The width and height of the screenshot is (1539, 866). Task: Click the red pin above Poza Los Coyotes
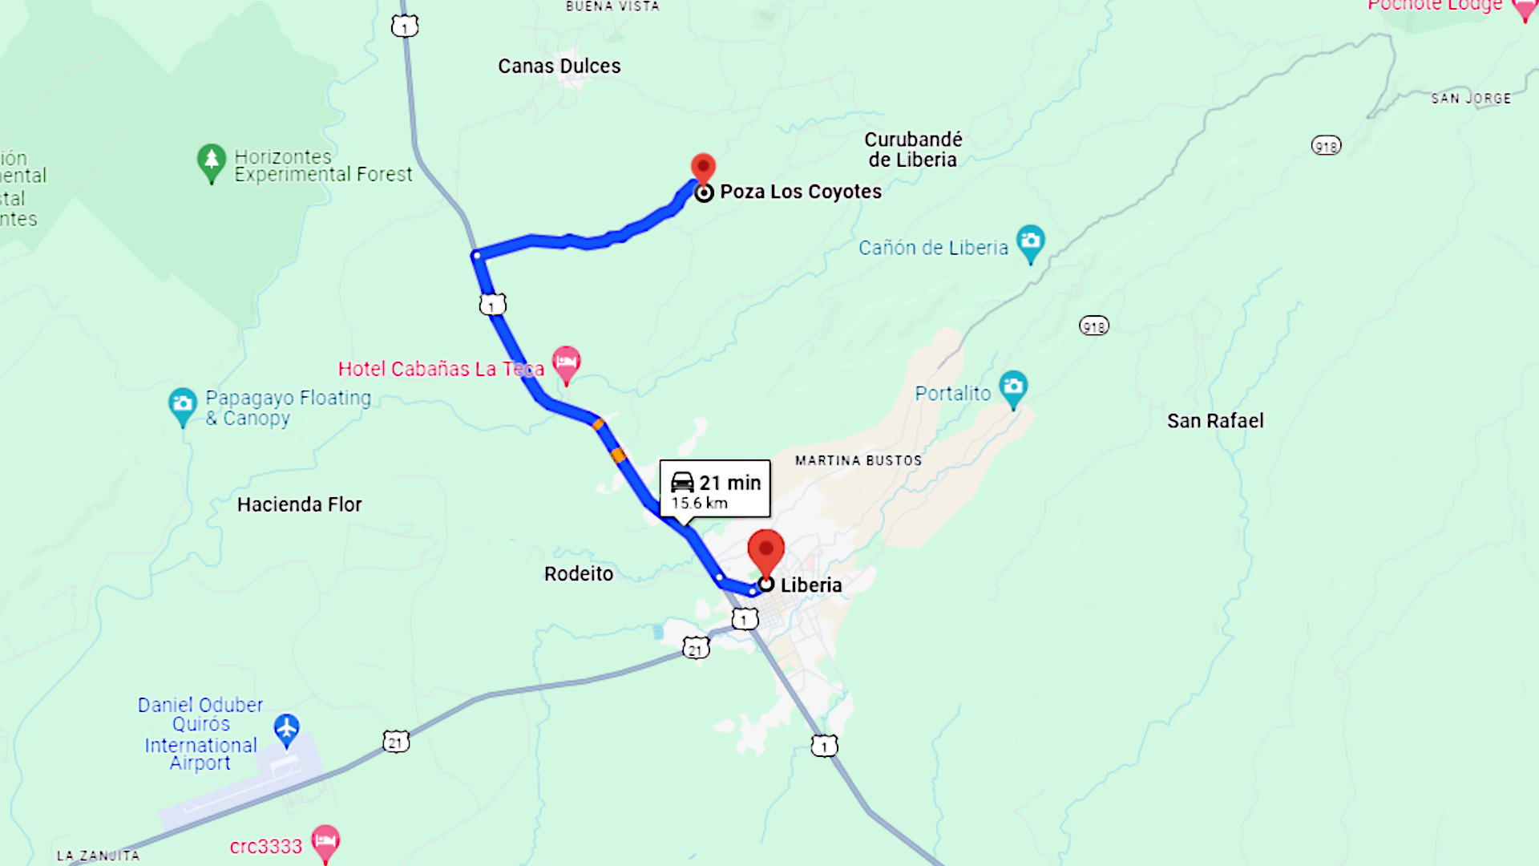tap(703, 167)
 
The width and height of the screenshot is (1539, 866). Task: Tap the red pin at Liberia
tap(765, 550)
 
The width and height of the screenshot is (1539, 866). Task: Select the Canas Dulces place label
tap(559, 66)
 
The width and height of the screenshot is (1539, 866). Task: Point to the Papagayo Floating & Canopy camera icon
tap(183, 403)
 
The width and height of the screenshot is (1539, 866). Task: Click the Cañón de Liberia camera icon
tap(1030, 241)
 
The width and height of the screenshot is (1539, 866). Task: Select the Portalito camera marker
tap(1013, 387)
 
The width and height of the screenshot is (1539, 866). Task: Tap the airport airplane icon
tap(286, 729)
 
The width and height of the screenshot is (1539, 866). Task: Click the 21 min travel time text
tap(729, 483)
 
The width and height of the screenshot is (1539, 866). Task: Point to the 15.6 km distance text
tap(699, 504)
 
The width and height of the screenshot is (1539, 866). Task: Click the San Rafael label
tap(1214, 421)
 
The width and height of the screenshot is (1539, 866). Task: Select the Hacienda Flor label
tap(299, 504)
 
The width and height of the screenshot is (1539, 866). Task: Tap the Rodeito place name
tap(578, 574)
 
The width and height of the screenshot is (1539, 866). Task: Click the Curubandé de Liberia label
tap(913, 149)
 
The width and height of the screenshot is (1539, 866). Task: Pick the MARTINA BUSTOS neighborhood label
tap(858, 460)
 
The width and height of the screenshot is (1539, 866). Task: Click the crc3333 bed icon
tap(325, 841)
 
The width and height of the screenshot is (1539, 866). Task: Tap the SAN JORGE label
tap(1471, 99)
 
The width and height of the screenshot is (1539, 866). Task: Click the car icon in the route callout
tap(682, 482)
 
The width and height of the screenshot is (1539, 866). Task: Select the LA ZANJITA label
tap(98, 856)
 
